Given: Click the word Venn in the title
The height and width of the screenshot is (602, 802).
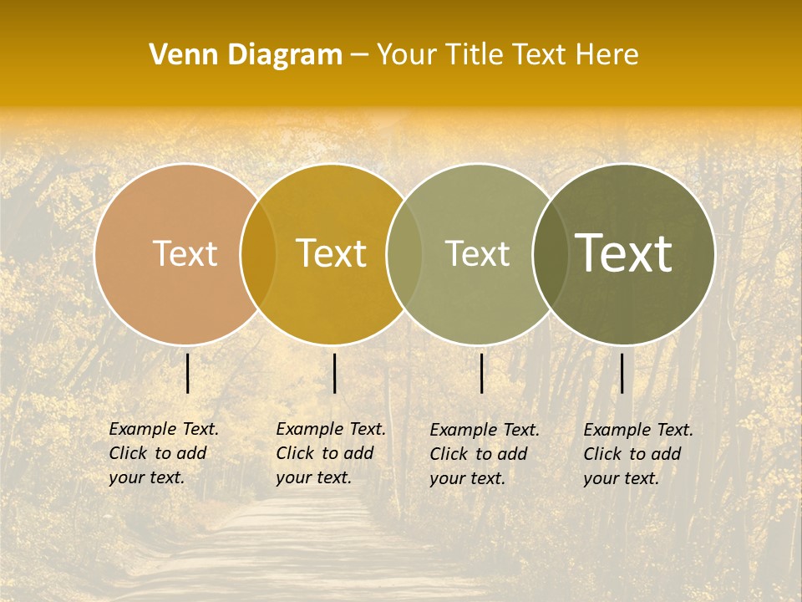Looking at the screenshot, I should pos(176,55).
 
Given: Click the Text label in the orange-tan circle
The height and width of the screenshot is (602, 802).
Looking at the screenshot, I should pos(185,253).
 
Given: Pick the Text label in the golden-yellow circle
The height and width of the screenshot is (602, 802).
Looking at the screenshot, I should pos(331,253).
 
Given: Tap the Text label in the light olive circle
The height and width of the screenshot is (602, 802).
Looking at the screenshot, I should pos(477,253).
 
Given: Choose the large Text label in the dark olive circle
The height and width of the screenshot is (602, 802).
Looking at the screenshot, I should pos(623,253).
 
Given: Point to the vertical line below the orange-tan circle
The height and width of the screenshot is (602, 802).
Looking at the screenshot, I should pos(188,373).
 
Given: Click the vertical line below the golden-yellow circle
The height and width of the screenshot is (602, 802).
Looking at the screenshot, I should pos(334,373).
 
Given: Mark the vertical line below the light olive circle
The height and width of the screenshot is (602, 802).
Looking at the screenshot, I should pos(482,373).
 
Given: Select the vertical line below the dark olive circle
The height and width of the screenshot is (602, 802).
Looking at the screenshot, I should pos(622,373).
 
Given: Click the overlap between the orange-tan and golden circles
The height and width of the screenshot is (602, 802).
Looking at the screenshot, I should pos(258,253).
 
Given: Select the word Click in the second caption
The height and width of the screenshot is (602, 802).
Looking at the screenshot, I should pos(294,454).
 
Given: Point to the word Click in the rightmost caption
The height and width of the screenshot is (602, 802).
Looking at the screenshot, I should pos(601,455).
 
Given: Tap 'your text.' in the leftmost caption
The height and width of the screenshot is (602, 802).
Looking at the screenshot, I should pos(146,478).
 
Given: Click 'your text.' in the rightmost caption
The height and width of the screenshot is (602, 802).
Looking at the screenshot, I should pos(621,479).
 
